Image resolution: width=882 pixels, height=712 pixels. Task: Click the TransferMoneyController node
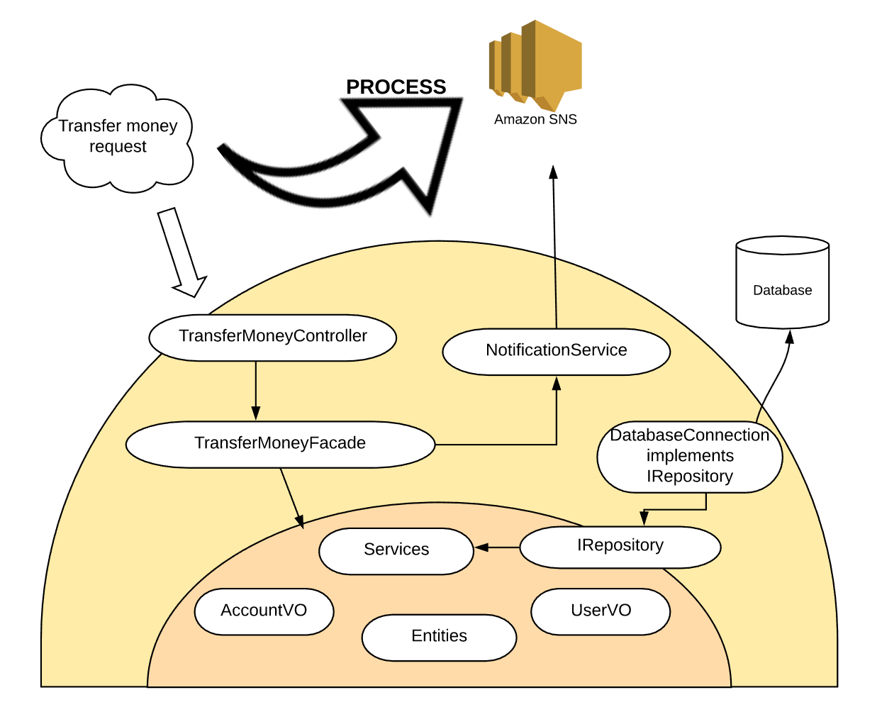pos(272,338)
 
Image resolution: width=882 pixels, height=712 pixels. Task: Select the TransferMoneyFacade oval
pos(280,445)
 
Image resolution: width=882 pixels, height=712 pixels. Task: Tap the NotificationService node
pos(556,351)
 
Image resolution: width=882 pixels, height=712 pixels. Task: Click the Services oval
pos(396,550)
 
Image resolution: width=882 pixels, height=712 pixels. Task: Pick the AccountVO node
pos(264,611)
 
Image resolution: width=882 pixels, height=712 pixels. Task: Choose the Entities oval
pos(439,637)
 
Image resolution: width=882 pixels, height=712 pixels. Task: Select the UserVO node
pos(601,611)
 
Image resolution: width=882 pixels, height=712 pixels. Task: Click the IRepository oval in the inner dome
pos(620,547)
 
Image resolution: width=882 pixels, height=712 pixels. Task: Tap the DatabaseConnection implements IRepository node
pos(689,457)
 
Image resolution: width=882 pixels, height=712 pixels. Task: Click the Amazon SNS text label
pos(535,120)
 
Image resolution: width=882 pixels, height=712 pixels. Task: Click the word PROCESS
pos(396,87)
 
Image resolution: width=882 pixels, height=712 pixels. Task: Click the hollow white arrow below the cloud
pos(182,252)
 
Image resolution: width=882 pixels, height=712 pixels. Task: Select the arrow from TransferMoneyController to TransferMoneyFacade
pos(255,391)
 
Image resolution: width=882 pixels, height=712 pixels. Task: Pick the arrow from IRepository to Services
pos(497,547)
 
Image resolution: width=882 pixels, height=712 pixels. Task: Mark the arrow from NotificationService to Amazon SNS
pos(555,248)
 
